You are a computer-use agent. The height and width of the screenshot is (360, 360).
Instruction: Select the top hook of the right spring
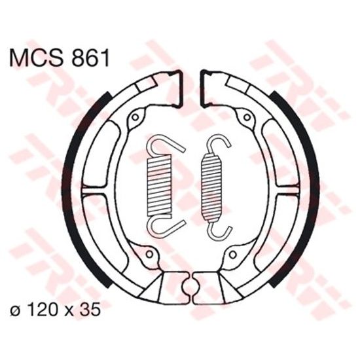(217, 145)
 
